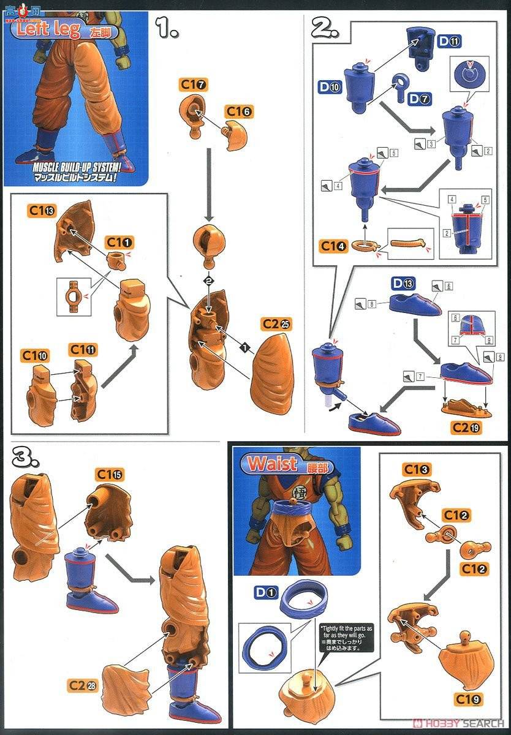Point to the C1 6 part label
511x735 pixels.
238,111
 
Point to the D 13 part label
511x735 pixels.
404,283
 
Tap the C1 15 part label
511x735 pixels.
110,474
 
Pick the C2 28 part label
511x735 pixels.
83,684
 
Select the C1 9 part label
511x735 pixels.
469,698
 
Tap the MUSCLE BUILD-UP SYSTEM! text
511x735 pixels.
75,165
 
